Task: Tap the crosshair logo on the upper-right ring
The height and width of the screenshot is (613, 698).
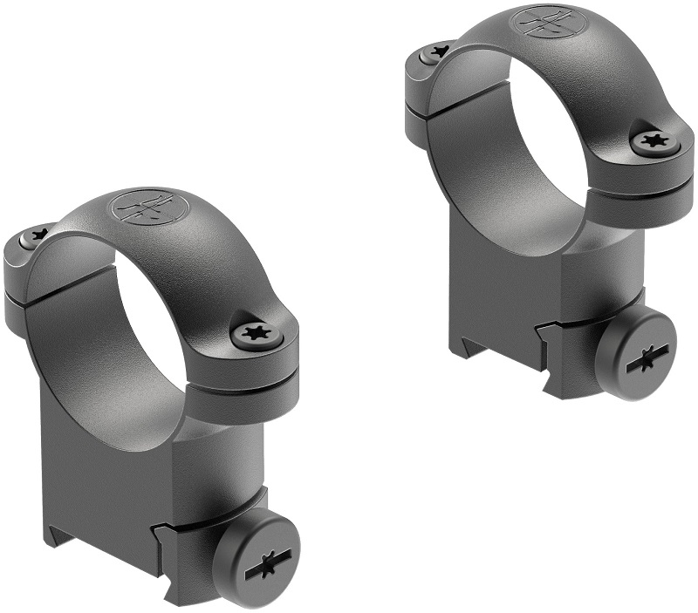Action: [539, 20]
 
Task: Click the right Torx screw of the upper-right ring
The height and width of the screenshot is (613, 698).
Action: [652, 140]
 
